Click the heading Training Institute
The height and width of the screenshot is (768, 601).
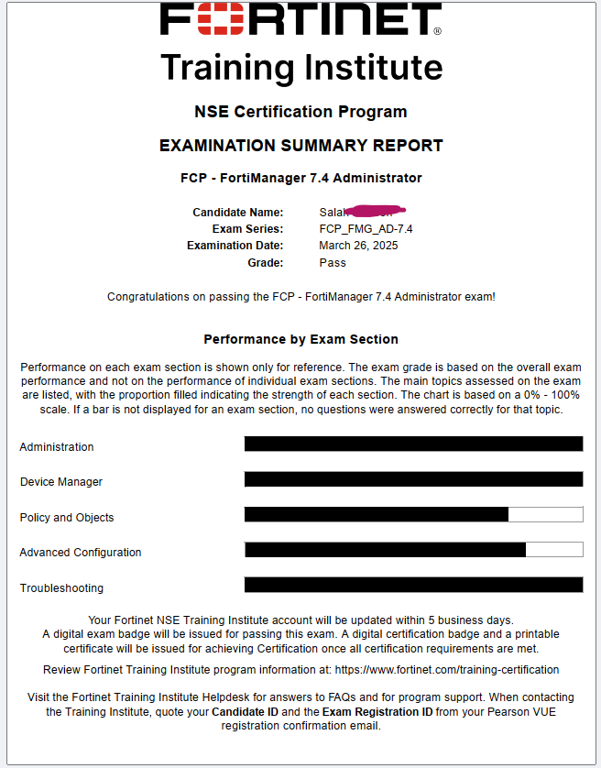(x=301, y=67)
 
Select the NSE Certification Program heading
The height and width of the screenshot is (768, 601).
(x=300, y=112)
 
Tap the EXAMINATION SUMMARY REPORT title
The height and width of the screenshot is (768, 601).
(x=300, y=146)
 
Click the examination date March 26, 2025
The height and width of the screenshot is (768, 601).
(x=358, y=246)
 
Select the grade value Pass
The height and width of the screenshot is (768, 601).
(x=333, y=262)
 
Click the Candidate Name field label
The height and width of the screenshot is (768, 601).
(x=237, y=213)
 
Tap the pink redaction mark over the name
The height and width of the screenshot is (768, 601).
(x=371, y=212)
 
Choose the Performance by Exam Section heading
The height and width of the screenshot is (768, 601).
(x=300, y=339)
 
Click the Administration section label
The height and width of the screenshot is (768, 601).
(x=57, y=447)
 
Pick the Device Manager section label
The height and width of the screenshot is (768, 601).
(x=61, y=482)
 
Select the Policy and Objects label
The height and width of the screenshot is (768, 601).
(x=67, y=518)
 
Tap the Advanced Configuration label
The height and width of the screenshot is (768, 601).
(x=81, y=553)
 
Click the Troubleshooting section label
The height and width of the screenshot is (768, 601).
(x=61, y=588)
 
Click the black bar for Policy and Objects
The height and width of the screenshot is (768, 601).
(x=376, y=514)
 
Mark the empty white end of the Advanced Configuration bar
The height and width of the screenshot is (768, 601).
(x=554, y=550)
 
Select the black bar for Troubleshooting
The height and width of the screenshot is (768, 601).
(x=413, y=585)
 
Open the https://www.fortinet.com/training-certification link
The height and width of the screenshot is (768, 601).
(x=446, y=670)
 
